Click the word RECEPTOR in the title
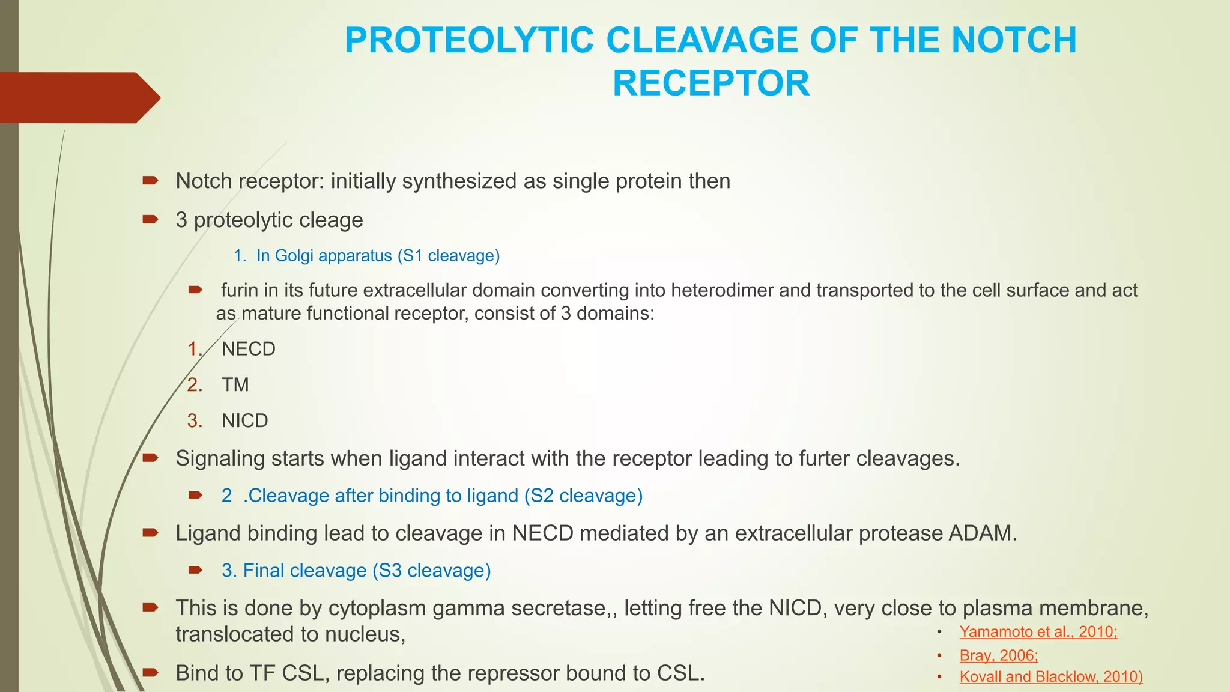coord(710,83)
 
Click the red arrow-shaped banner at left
coord(78,97)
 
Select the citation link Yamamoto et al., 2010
coord(1038,631)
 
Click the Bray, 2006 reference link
coord(998,655)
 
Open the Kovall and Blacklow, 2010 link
coord(1050,676)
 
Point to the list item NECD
coord(248,349)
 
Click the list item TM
coord(235,384)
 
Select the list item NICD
coord(244,420)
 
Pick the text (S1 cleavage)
coord(449,256)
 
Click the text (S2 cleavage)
coord(583,496)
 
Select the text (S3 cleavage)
coord(431,571)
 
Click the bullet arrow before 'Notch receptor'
coord(150,180)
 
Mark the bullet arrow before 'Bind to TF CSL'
coord(150,672)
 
